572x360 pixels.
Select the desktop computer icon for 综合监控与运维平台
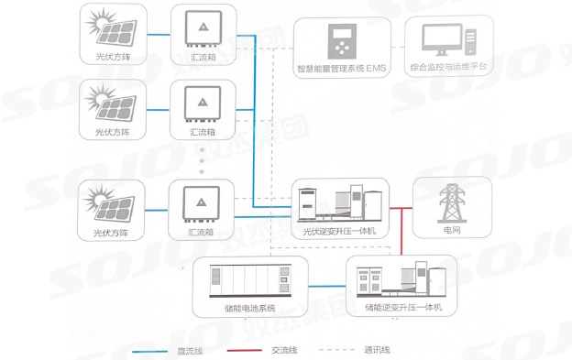[447, 40]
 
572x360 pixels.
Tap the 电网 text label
[453, 232]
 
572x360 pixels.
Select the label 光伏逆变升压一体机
[340, 232]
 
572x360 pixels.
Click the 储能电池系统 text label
[249, 307]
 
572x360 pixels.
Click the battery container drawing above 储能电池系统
[249, 278]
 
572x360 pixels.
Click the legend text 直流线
[193, 350]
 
